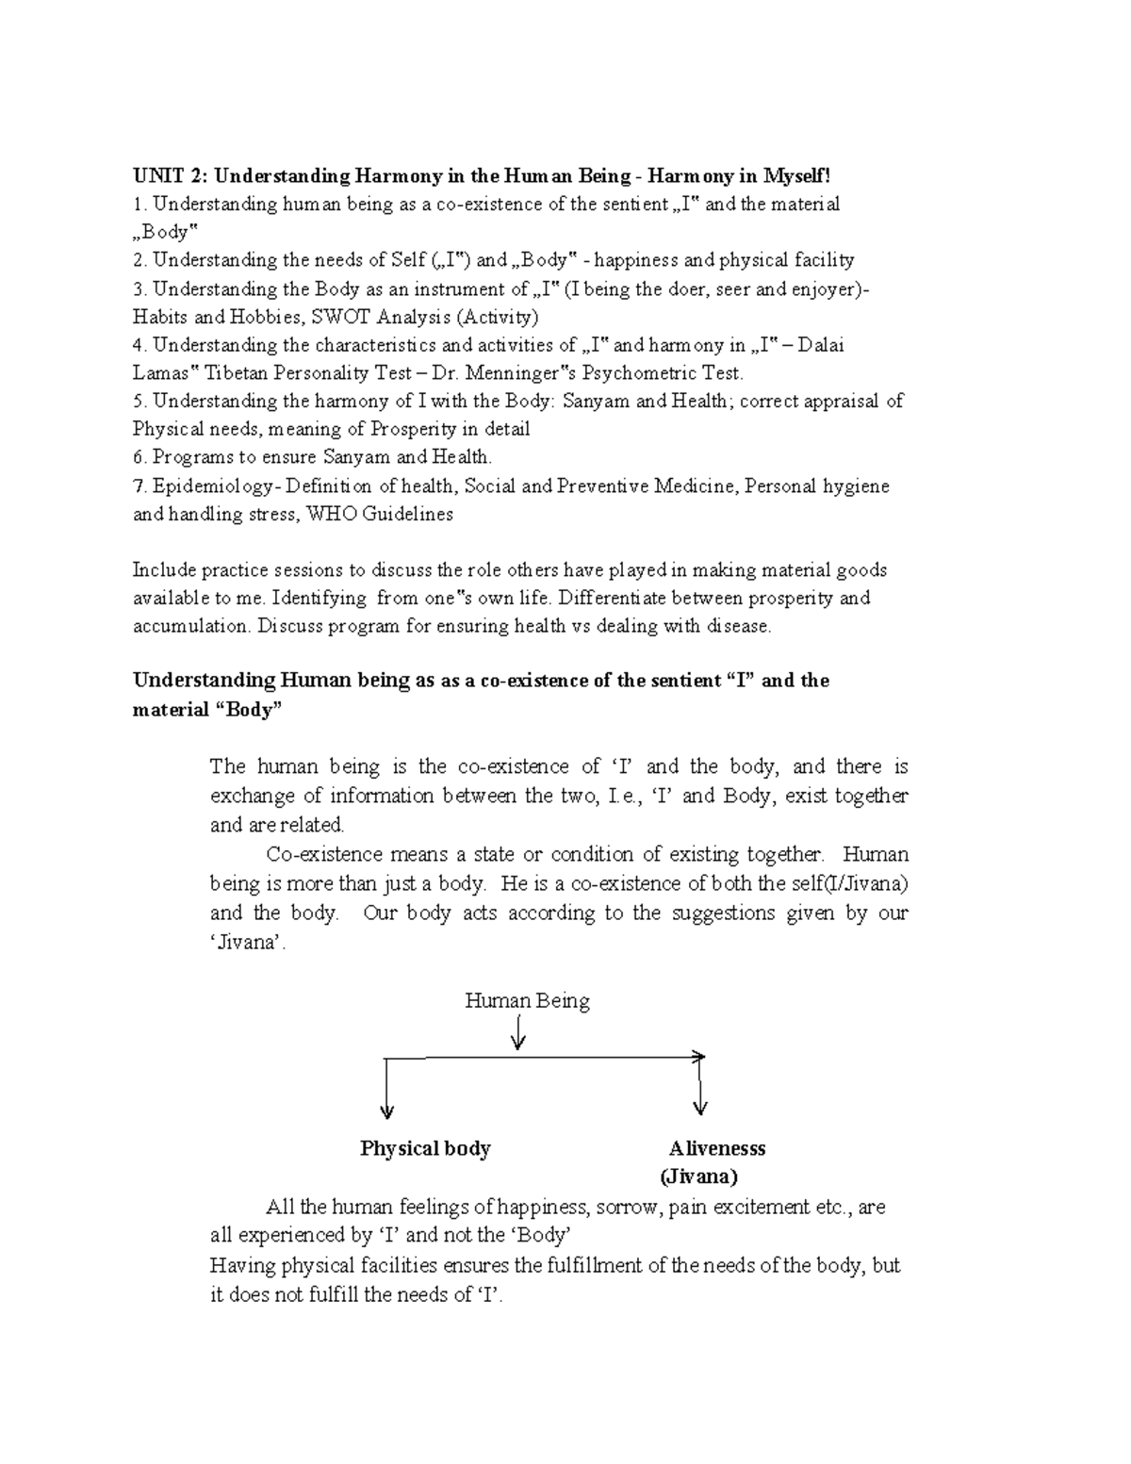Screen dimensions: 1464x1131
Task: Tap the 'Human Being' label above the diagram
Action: (527, 1000)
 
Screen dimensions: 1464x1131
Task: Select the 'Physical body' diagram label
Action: (425, 1148)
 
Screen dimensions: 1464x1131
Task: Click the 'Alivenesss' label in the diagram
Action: (717, 1148)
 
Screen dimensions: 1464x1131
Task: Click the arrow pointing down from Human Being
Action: (517, 1036)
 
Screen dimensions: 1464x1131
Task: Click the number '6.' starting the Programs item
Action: (140, 458)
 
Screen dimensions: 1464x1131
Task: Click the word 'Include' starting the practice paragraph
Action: (161, 570)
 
